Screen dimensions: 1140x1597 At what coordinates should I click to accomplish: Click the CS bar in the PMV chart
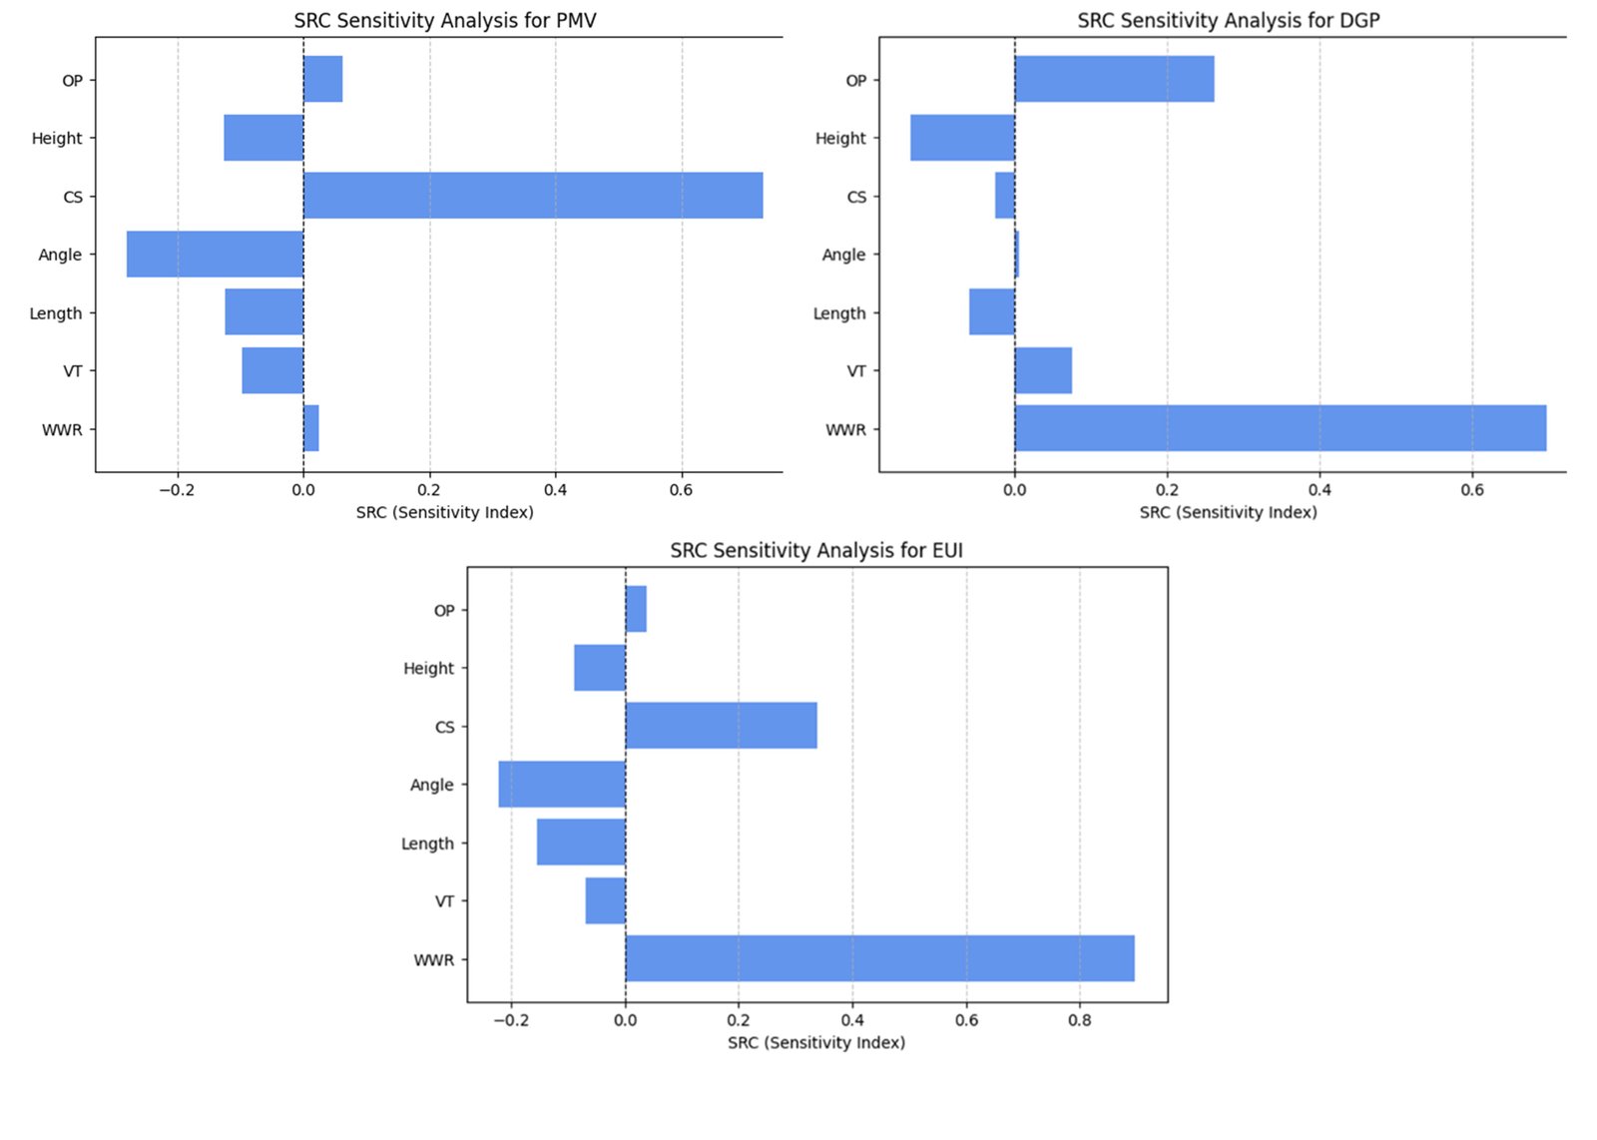click(x=533, y=196)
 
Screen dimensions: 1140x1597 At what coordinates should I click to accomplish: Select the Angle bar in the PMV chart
click(x=215, y=254)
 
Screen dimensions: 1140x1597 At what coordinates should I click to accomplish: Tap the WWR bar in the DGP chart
click(x=1280, y=428)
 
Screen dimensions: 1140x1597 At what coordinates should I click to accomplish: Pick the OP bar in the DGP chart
click(x=1114, y=79)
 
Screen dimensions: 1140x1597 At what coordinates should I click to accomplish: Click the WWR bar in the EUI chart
click(x=879, y=958)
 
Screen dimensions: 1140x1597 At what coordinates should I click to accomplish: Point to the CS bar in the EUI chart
click(x=721, y=726)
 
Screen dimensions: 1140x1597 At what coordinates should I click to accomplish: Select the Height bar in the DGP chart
click(x=962, y=138)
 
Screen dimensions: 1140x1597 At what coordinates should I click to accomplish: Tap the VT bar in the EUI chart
click(x=606, y=900)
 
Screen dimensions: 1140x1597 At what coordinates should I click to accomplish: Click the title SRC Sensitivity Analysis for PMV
click(x=445, y=20)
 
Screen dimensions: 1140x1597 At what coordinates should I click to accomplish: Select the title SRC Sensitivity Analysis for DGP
click(x=1228, y=20)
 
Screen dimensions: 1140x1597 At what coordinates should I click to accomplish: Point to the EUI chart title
click(x=816, y=550)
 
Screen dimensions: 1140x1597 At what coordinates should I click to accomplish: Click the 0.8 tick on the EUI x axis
click(x=1079, y=1020)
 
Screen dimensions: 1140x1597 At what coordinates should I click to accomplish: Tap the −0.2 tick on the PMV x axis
click(x=177, y=490)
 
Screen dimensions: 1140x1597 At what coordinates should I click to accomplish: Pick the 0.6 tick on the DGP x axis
click(x=1472, y=490)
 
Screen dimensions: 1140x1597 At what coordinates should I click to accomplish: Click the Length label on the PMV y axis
click(x=56, y=312)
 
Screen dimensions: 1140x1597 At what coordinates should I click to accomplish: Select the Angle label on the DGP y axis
click(x=843, y=255)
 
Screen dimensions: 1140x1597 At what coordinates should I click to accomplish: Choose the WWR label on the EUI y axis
click(x=434, y=959)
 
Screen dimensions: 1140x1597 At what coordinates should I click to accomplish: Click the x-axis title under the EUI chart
click(x=816, y=1042)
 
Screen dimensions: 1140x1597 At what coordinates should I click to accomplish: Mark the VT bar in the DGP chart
click(x=1043, y=370)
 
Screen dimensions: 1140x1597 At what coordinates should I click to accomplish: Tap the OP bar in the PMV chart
click(x=322, y=79)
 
